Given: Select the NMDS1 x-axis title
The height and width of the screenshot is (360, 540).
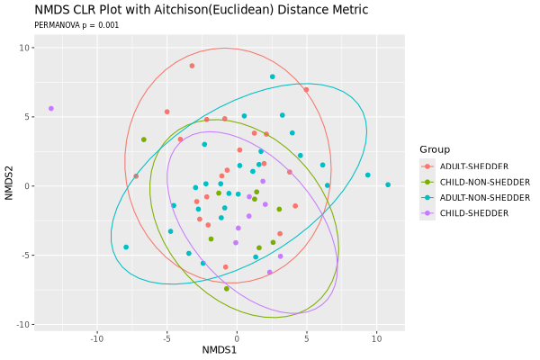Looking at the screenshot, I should (x=219, y=349).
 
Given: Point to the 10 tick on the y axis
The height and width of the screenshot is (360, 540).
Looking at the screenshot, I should (x=26, y=48).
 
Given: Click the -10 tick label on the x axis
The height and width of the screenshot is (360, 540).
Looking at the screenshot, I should (x=97, y=338).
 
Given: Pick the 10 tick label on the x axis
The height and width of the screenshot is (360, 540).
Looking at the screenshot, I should (x=376, y=338).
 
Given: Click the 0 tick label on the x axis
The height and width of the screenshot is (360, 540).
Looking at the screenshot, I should (x=237, y=338).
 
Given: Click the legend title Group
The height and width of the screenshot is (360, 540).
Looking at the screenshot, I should (x=435, y=149).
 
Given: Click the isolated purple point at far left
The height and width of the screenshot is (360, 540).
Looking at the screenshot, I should (x=51, y=108).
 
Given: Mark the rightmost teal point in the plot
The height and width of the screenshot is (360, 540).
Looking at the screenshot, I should (x=388, y=184).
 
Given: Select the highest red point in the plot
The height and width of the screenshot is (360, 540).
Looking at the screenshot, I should (x=192, y=66).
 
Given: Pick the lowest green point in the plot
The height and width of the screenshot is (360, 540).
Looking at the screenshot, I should (x=227, y=289).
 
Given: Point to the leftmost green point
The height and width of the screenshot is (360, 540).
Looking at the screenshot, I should (x=144, y=139).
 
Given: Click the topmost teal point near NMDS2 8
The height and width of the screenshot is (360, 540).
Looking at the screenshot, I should (x=273, y=76).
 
